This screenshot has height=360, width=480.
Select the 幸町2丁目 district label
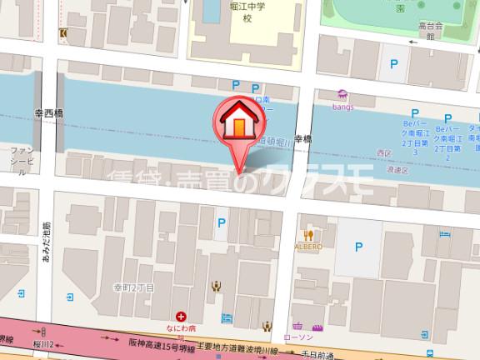(x=135, y=287)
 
